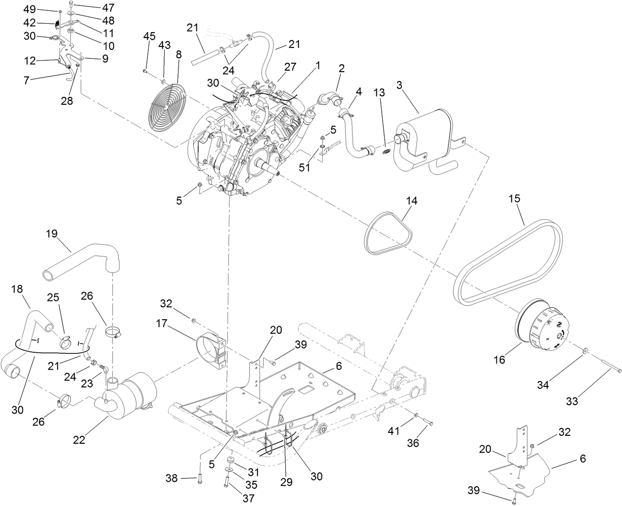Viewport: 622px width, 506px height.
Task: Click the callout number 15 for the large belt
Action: click(515, 199)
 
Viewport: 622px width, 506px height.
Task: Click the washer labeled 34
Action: click(585, 350)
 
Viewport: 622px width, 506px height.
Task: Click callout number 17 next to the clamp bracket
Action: click(176, 324)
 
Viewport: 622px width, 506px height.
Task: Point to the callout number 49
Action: click(30, 9)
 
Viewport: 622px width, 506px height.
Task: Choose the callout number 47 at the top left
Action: click(107, 7)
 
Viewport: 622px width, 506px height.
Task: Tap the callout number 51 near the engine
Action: click(305, 168)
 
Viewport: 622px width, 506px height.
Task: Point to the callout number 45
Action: click(149, 36)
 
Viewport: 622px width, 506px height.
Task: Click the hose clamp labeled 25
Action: click(65, 341)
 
